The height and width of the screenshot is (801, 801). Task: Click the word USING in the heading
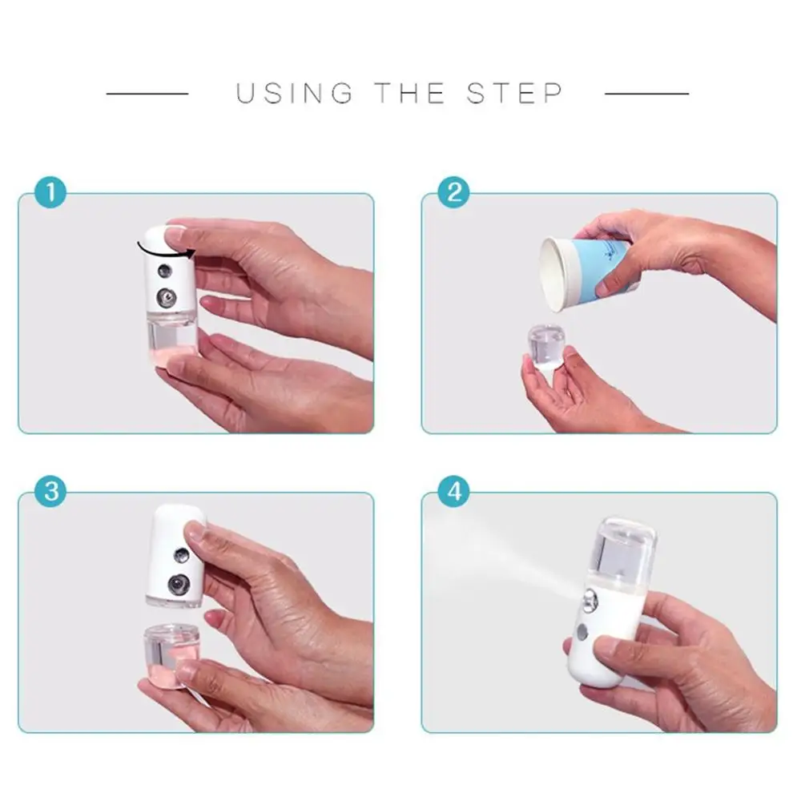point(294,93)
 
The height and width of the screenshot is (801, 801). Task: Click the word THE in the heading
point(410,93)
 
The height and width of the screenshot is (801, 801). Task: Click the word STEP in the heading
point(515,93)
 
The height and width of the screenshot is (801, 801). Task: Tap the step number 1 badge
point(50,193)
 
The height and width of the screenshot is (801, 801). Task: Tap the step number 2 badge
point(454,193)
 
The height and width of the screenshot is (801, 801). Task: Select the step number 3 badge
point(50,491)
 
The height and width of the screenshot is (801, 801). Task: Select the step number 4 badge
point(454,491)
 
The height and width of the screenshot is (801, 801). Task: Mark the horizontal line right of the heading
point(646,94)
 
